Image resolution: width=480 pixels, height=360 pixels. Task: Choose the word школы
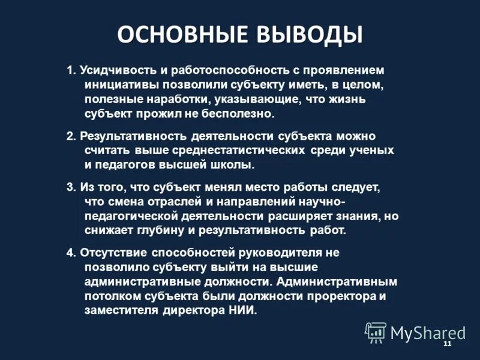234,163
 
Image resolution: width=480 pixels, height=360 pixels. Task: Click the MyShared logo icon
376,331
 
